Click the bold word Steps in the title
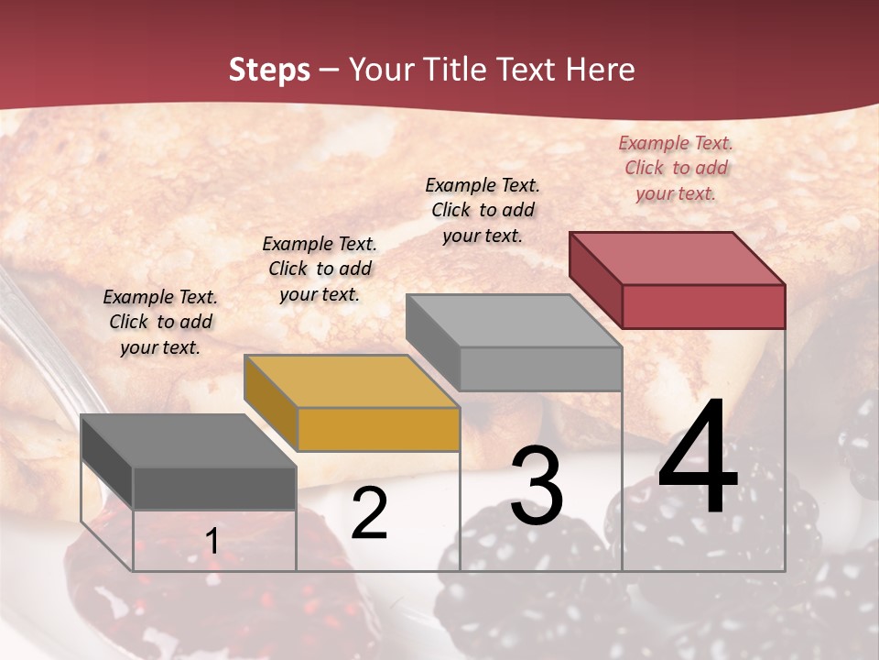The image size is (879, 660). pos(269,70)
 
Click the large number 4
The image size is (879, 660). pos(698,458)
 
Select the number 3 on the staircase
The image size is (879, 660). pos(537,486)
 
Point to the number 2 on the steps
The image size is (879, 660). pos(369,513)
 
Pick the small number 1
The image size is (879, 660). pos(212,542)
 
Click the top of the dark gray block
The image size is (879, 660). pos(189,441)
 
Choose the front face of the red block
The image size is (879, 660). pos(703,306)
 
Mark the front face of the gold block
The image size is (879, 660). pos(378,429)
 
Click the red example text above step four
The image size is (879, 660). pos(676,168)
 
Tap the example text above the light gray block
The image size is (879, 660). pos(483,210)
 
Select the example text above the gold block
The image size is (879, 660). pos(320,269)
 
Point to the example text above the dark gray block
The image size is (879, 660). pos(160,322)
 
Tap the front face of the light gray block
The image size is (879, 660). pos(540,368)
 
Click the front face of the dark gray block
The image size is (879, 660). pos(214,488)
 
